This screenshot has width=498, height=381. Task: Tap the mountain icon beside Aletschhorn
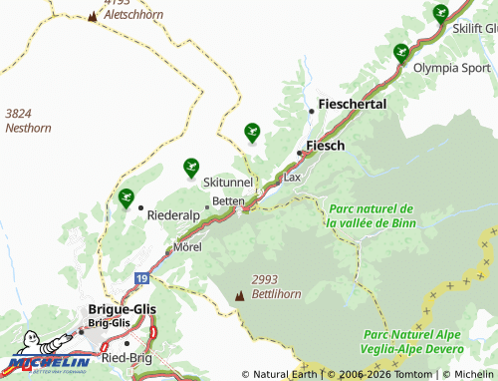(x=94, y=16)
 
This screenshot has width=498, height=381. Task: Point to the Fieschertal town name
(x=353, y=104)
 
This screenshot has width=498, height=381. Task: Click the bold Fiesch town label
(x=325, y=146)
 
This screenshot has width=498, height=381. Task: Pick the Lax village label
(x=292, y=177)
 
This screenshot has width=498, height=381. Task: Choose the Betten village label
(x=228, y=200)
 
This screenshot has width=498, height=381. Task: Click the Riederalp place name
(x=173, y=214)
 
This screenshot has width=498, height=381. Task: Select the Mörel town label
(x=187, y=246)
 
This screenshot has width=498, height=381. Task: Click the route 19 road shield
(x=143, y=276)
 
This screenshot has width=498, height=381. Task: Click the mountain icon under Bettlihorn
(x=239, y=296)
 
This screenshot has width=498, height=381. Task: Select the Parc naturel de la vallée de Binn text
(x=371, y=215)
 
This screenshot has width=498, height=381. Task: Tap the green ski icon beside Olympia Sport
(x=401, y=54)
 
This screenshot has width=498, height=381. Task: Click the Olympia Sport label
(x=454, y=68)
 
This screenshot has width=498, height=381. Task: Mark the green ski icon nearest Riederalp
(x=126, y=198)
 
